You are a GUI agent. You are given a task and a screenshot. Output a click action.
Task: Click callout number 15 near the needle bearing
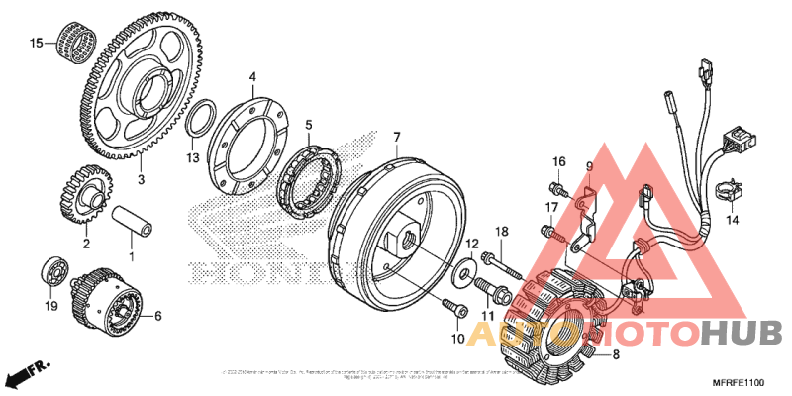[x=36, y=43]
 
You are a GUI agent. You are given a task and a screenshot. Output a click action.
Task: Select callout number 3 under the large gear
[x=141, y=180]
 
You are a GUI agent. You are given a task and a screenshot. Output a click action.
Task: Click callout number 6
[x=156, y=317]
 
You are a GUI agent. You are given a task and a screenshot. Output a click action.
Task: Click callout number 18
[x=501, y=231]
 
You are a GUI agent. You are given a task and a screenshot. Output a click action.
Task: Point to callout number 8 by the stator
[x=615, y=354]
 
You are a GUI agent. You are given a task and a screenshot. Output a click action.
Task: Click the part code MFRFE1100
[x=741, y=381]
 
